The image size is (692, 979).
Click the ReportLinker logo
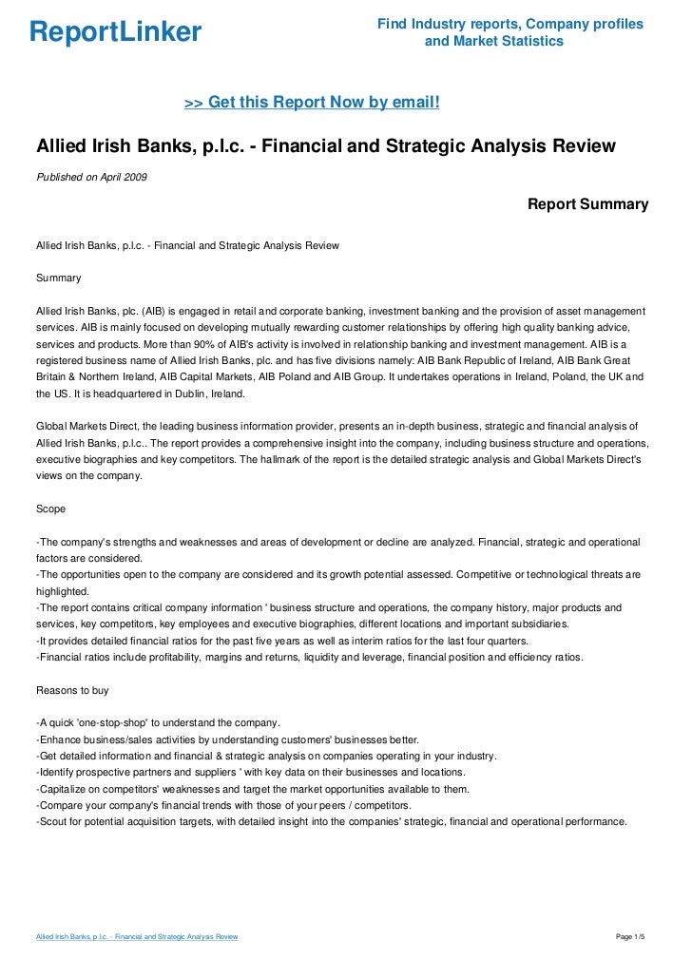(115, 32)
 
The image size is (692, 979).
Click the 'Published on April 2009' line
(91, 178)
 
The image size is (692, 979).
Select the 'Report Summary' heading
(587, 204)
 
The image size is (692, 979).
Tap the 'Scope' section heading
(50, 509)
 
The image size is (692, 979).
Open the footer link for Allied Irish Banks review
(136, 937)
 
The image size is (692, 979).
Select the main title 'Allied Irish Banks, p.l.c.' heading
(326, 146)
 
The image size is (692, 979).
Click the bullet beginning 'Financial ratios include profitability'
(309, 658)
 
